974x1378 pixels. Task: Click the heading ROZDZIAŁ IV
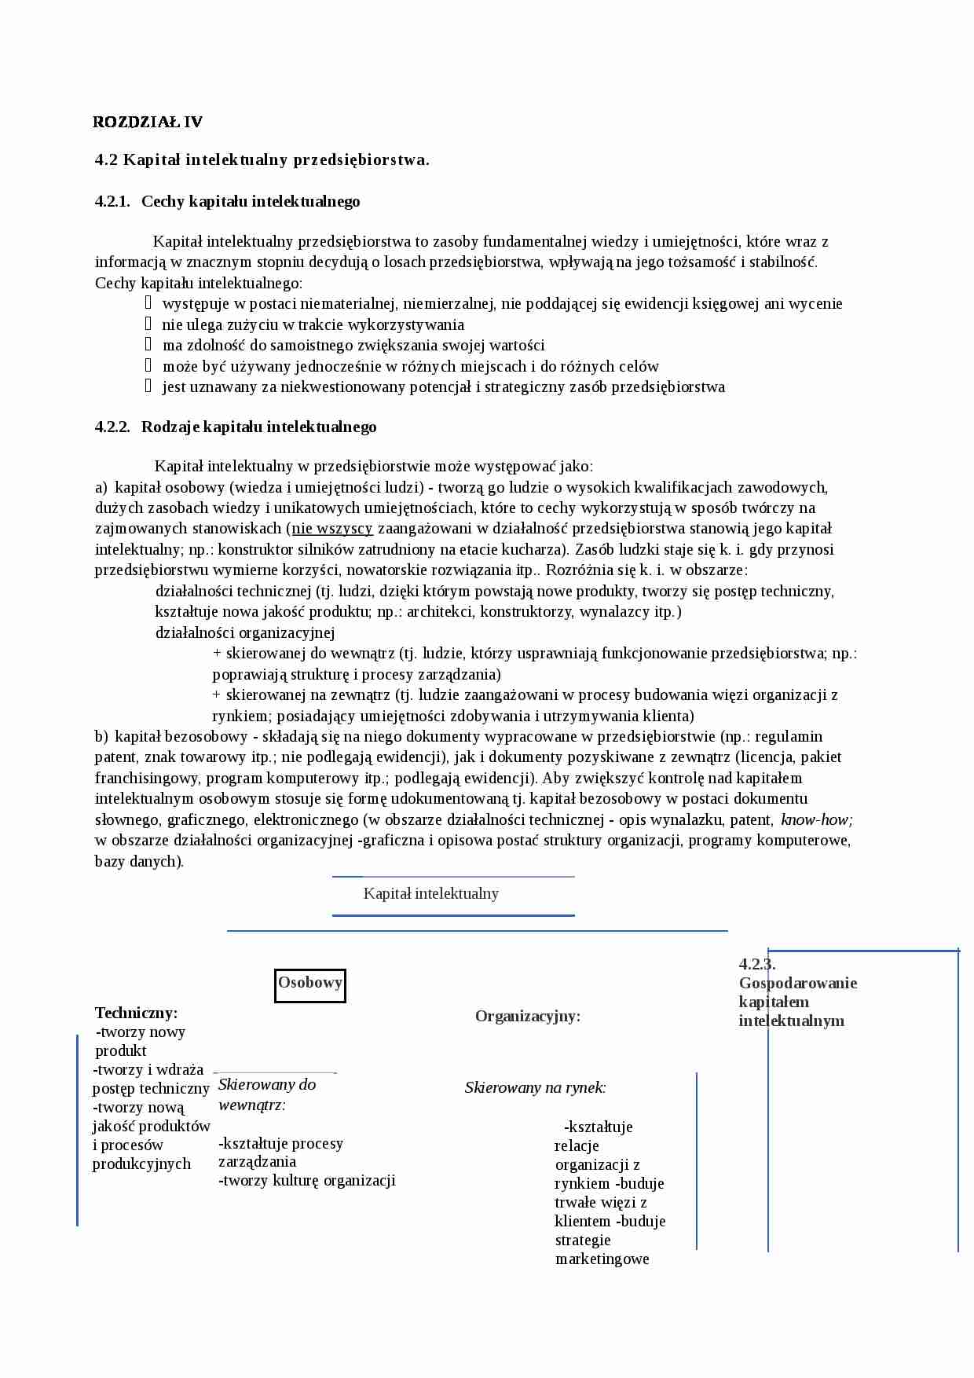pyautogui.click(x=148, y=122)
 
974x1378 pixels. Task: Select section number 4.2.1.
pyautogui.click(x=112, y=202)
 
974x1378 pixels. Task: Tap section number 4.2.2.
pyautogui.click(x=112, y=427)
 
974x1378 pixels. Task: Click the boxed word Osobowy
pyautogui.click(x=310, y=983)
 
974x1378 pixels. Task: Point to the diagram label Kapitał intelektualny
pyautogui.click(x=430, y=894)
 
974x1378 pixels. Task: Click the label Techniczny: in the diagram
pyautogui.click(x=136, y=1013)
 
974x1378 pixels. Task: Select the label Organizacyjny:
pyautogui.click(x=528, y=1017)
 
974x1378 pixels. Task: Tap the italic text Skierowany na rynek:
pyautogui.click(x=535, y=1088)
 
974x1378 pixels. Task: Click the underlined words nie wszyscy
pyautogui.click(x=332, y=529)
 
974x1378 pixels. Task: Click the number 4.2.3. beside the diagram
pyautogui.click(x=756, y=965)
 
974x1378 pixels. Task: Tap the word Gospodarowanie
pyautogui.click(x=797, y=984)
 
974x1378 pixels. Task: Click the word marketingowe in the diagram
pyautogui.click(x=602, y=1259)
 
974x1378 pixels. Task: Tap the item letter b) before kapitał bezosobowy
pyautogui.click(x=101, y=737)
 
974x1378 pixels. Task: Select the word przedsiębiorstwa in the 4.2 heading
pyautogui.click(x=361, y=160)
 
